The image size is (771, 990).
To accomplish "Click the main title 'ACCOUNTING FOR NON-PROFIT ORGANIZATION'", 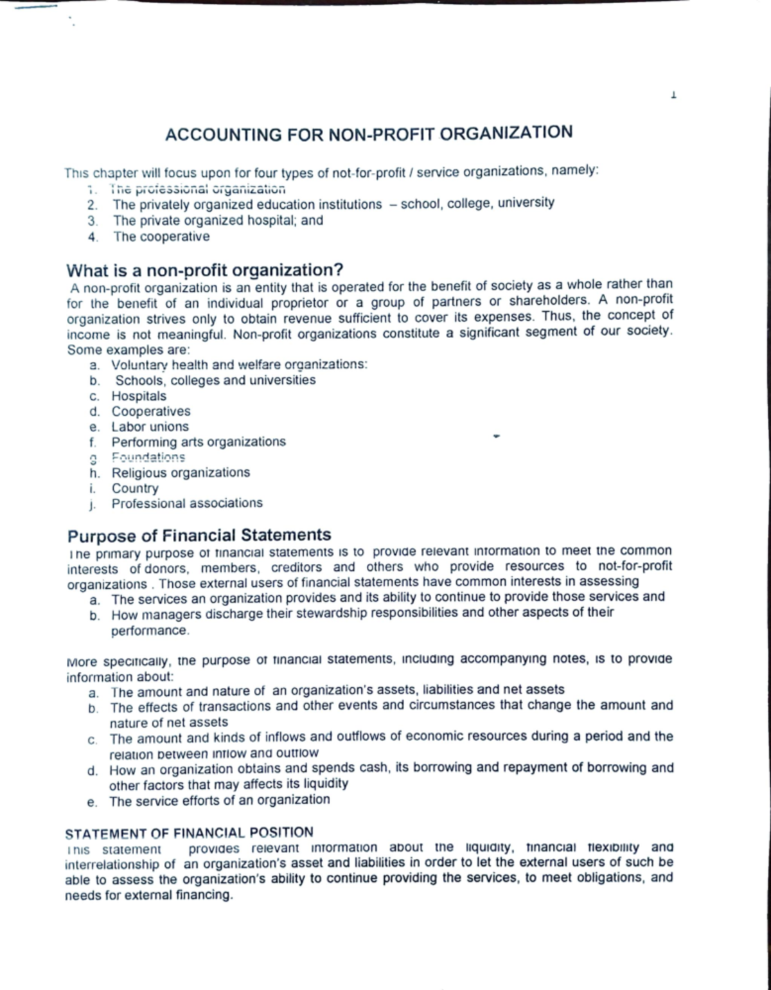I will [x=369, y=134].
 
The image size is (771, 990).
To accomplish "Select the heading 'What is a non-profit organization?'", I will [x=206, y=269].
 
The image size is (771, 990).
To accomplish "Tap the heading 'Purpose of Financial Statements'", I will [x=200, y=535].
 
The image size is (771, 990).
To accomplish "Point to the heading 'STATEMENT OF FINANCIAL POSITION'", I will [x=190, y=833].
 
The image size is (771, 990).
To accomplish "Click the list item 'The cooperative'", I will [x=161, y=237].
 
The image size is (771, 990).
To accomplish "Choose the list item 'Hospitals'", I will [x=139, y=396].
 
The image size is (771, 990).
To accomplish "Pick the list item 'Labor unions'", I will [x=150, y=427].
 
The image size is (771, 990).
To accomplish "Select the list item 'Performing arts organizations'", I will [x=199, y=442].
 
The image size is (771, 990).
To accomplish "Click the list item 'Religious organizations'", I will [x=181, y=473].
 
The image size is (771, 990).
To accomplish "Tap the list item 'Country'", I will [x=135, y=488].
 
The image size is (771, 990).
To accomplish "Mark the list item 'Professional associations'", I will [x=187, y=503].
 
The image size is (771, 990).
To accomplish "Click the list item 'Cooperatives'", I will [x=151, y=411].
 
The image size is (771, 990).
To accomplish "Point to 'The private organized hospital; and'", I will [x=218, y=221].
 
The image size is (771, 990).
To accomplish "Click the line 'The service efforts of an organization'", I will [x=219, y=800].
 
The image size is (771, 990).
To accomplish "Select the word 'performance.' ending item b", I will [x=150, y=631].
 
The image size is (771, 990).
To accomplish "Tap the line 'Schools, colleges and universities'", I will [x=215, y=380].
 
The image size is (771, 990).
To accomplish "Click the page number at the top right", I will [x=673, y=96].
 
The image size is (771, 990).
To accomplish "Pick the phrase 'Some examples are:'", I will [x=128, y=350].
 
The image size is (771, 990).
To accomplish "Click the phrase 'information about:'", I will [x=120, y=677].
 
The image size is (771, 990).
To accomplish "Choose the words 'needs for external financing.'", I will [x=148, y=895].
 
